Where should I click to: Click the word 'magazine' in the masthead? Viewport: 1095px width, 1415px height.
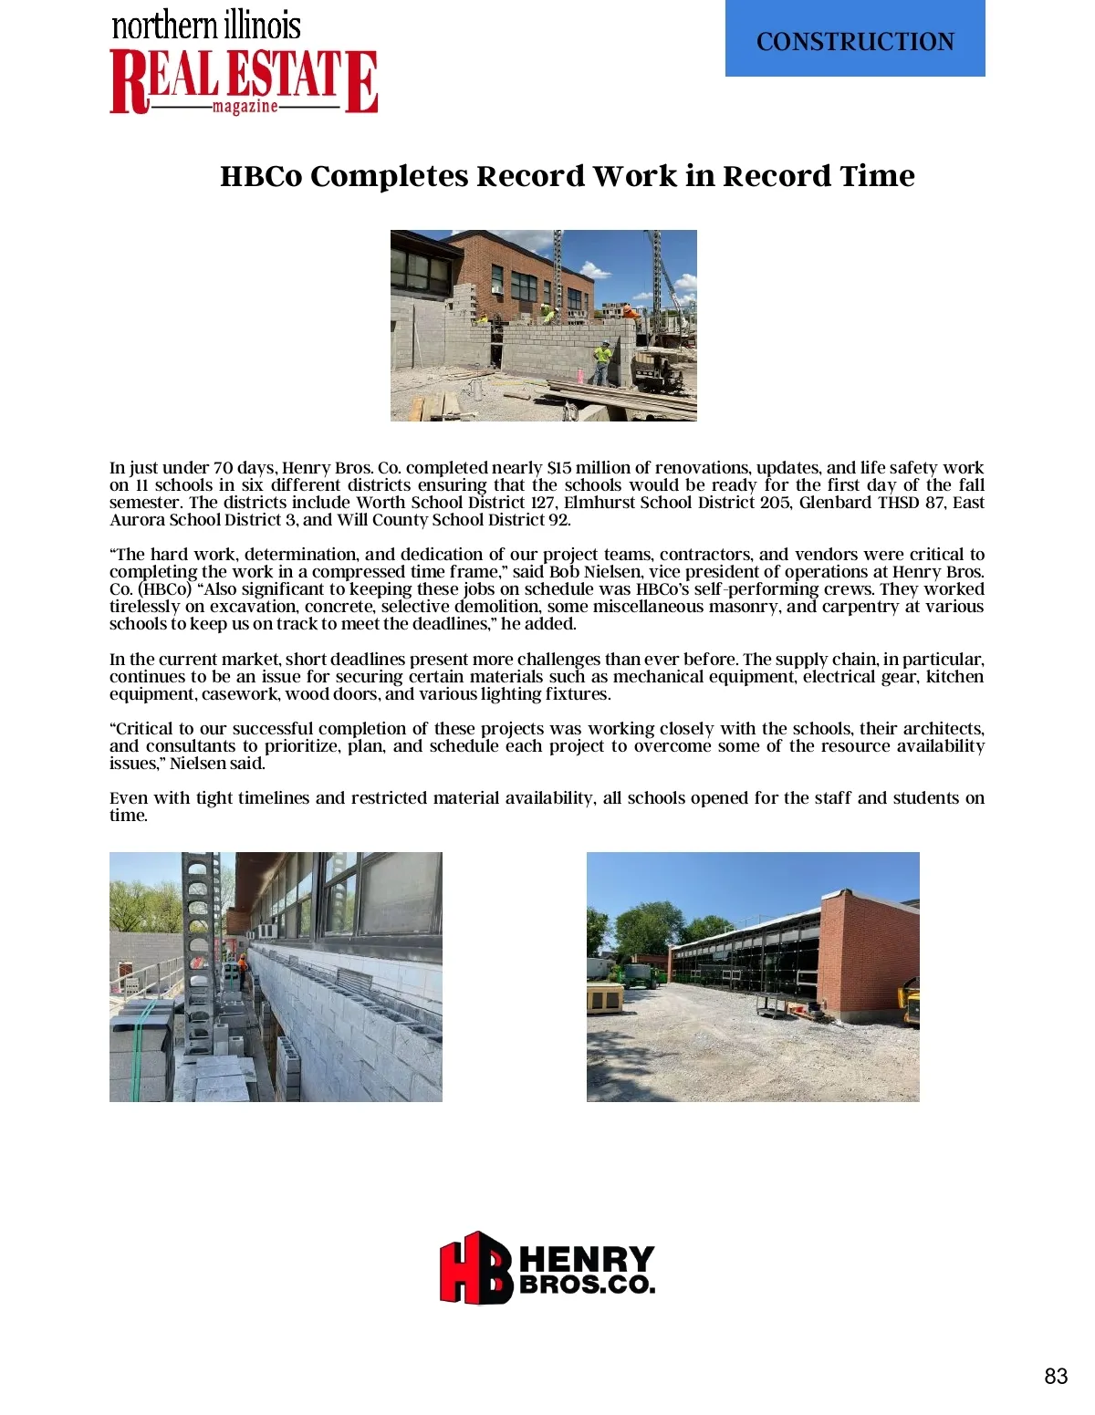pos(245,107)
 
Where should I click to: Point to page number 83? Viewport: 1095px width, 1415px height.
pos(1056,1376)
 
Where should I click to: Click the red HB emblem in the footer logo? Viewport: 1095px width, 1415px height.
pos(475,1267)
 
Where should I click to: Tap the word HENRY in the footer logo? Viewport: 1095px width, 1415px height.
pos(587,1260)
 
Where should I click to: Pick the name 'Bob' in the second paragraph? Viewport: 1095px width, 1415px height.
pos(564,572)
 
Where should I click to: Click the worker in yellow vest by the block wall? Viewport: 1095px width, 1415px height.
pos(601,361)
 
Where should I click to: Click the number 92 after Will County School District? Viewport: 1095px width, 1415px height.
pos(558,520)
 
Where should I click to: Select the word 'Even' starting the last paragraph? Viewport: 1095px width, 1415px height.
pos(128,798)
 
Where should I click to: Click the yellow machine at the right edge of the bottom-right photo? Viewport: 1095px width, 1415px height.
pos(911,1001)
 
